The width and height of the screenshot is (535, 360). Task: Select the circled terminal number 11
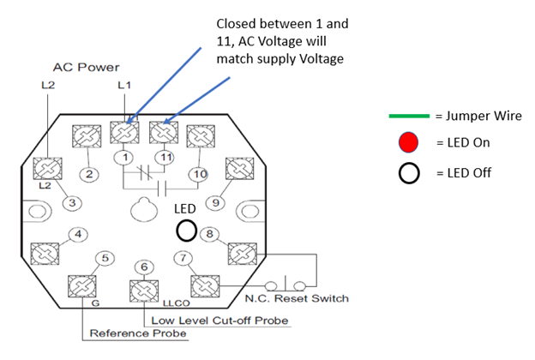click(163, 157)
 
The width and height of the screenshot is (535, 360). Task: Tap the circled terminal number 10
click(199, 175)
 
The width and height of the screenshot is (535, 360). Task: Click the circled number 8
click(211, 233)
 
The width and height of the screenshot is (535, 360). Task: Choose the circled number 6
click(143, 267)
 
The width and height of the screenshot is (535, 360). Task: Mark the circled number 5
click(105, 257)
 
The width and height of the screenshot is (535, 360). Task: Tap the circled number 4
click(78, 233)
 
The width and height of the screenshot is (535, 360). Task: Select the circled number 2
click(87, 175)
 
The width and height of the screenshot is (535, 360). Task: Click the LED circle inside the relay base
click(186, 230)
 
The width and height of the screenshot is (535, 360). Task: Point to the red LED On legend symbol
click(409, 141)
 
